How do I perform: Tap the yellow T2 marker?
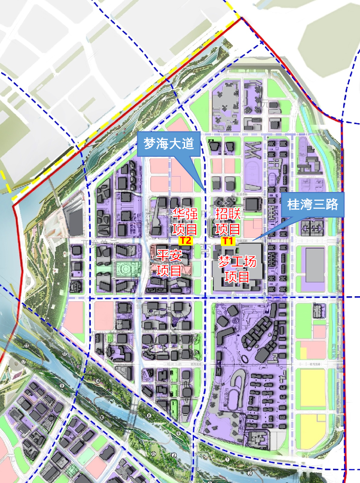(186, 241)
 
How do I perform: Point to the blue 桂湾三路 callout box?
(312, 205)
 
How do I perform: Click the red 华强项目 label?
(185, 222)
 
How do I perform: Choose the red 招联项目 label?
(228, 222)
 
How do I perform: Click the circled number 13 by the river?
(27, 346)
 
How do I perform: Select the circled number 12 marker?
(64, 354)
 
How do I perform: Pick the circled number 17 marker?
(24, 362)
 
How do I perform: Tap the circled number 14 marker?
(98, 381)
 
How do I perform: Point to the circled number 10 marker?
(102, 417)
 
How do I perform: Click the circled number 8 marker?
(149, 416)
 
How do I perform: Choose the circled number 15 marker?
(154, 453)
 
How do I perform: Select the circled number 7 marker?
(227, 460)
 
